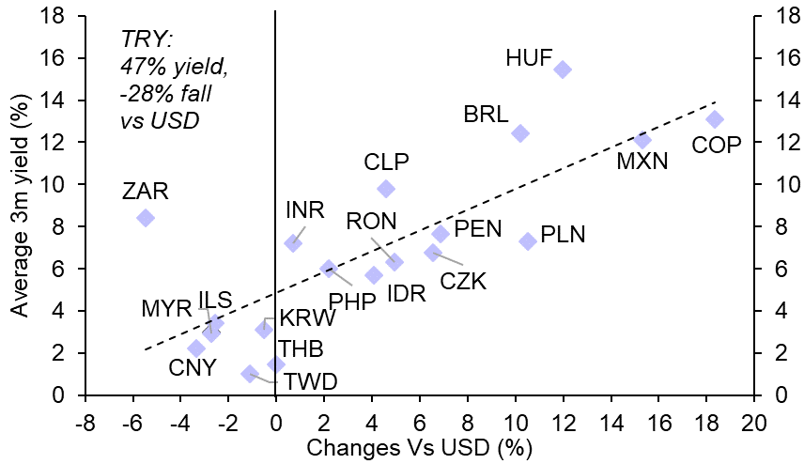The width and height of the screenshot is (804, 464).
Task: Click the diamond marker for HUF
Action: [563, 70]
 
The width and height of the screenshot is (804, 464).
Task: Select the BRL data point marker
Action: [519, 133]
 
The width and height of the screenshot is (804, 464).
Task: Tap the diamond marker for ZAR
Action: [145, 218]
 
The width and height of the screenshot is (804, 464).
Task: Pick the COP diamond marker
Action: [715, 119]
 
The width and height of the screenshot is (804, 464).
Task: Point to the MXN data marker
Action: [642, 140]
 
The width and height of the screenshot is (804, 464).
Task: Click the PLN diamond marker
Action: [528, 241]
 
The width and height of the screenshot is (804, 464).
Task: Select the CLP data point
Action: [385, 189]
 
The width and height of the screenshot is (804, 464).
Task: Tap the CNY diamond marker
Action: [196, 348]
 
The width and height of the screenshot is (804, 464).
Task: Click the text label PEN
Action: [477, 229]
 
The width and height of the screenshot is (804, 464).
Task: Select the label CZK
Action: [463, 281]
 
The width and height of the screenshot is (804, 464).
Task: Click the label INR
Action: [304, 210]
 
